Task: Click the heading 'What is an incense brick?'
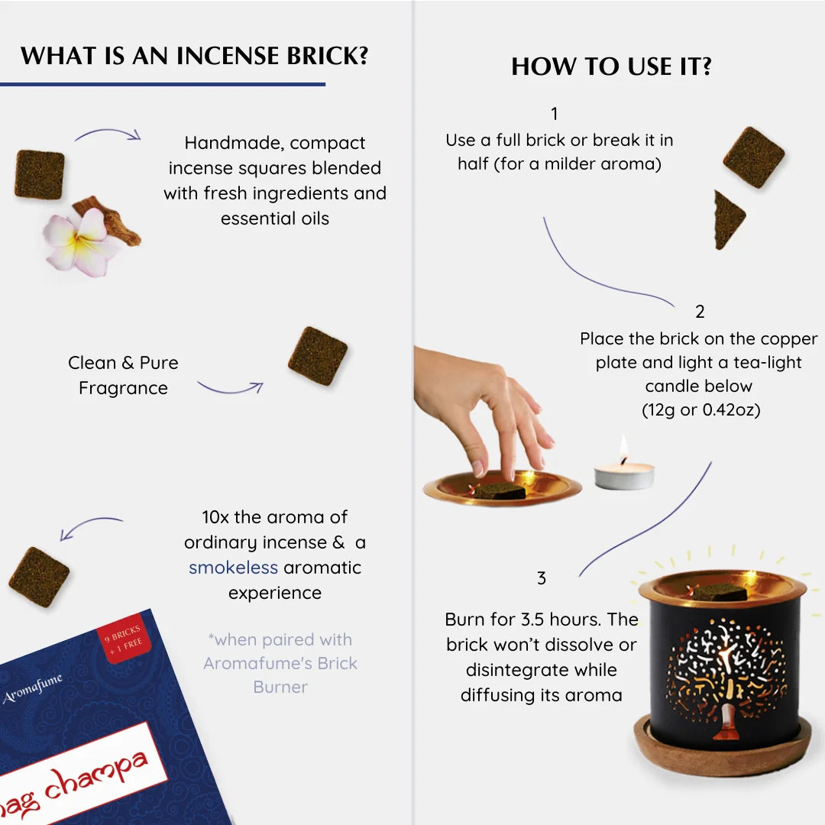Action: tap(195, 56)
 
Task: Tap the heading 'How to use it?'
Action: tap(611, 67)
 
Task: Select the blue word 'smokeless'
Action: tap(233, 568)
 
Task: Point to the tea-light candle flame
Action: tap(623, 447)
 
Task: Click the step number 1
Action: tap(554, 115)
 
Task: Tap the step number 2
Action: tap(700, 312)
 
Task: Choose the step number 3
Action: tap(542, 578)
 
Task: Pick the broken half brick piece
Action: tap(728, 219)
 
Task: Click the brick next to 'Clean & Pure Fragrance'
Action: tap(317, 356)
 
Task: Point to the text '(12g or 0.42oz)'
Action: tap(701, 410)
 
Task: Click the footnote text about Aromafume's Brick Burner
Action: tap(280, 663)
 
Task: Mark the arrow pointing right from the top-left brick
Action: tap(108, 134)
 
